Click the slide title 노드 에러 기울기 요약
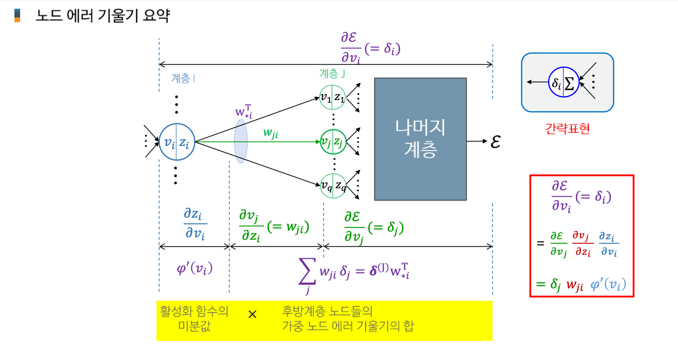click(102, 16)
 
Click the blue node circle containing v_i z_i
click(176, 142)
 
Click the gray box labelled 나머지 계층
click(420, 139)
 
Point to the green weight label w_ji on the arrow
click(271, 133)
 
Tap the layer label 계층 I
click(183, 78)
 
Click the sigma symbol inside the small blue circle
click(570, 83)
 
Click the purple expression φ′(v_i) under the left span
click(195, 269)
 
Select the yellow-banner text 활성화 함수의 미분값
click(194, 319)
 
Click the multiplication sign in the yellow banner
click(252, 314)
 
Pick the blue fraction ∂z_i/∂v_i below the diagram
click(195, 223)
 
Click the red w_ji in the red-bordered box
click(575, 285)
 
